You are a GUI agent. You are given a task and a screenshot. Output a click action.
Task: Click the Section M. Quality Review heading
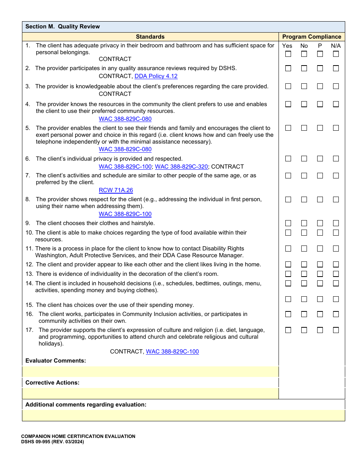63,27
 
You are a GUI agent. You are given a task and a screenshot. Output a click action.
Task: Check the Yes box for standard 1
288,54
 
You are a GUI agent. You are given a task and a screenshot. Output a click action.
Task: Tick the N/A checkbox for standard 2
336,69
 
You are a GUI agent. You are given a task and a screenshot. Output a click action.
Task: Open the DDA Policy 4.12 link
156,76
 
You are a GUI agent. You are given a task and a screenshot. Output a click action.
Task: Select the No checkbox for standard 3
304,86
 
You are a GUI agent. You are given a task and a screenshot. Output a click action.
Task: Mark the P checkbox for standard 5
320,128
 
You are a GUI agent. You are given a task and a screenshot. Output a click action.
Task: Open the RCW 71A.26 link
116,190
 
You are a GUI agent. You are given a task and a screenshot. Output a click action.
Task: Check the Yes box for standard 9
288,223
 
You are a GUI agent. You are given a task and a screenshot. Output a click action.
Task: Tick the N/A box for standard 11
336,249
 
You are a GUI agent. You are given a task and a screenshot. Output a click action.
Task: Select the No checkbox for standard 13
304,274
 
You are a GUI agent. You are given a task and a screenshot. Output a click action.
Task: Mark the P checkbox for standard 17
320,330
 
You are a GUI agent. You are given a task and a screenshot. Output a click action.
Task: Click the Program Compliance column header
311,37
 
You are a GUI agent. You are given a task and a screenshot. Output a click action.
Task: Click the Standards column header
150,37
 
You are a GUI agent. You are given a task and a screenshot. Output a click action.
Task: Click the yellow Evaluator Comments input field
150,372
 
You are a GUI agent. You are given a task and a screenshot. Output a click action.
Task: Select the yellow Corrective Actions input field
150,394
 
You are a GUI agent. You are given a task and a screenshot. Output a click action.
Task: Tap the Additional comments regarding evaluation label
86,405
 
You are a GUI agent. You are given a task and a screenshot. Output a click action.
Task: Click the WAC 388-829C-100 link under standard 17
172,352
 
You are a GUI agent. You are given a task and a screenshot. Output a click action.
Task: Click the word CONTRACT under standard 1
115,59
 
